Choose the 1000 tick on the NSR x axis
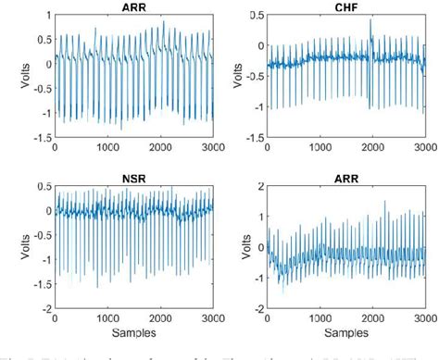pyautogui.click(x=107, y=315)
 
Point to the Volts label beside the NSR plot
pyautogui.click(x=21, y=245)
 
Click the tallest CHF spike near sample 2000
pyautogui.click(x=370, y=20)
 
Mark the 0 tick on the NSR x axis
pyautogui.click(x=55, y=315)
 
